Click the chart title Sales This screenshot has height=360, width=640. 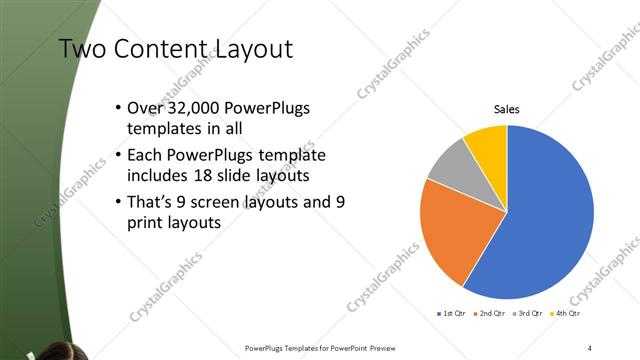coord(507,110)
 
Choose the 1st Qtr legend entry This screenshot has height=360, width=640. coord(451,314)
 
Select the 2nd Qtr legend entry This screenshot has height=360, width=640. coord(489,314)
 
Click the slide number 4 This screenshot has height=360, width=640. coord(590,348)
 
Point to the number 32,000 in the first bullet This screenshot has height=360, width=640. coord(193,108)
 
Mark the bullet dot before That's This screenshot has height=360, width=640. coord(119,203)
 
